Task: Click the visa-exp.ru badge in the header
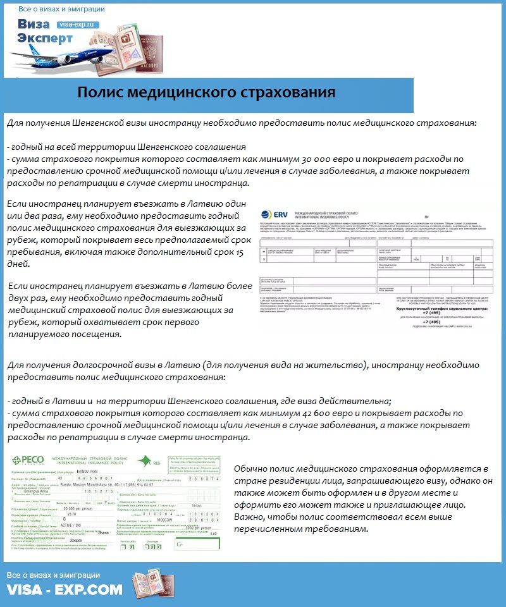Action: (78, 24)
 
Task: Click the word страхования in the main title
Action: (290, 94)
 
